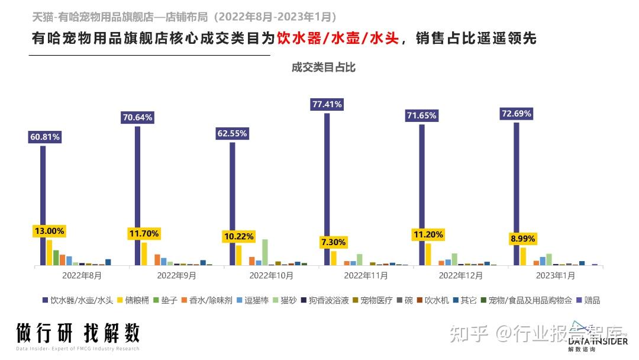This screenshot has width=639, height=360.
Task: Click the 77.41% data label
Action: click(327, 104)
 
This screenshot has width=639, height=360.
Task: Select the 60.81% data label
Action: click(45, 137)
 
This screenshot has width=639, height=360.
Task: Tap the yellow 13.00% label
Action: click(49, 230)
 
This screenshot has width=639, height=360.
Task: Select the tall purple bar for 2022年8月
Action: click(43, 205)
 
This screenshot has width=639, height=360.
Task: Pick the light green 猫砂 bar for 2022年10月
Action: click(265, 252)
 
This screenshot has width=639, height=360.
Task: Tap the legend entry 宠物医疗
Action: click(372, 300)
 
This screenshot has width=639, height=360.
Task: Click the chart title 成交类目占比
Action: click(324, 67)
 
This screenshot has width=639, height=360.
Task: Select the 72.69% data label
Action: click(516, 113)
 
